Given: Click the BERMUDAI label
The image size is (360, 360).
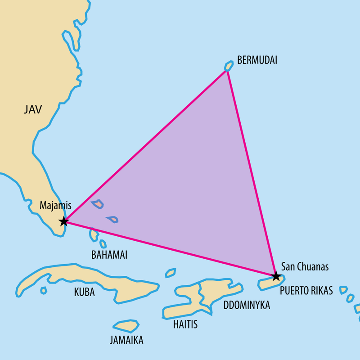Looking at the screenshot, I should (x=256, y=60).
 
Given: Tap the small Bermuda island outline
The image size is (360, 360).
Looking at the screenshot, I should (x=228, y=67).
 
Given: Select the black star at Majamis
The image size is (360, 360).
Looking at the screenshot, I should (x=64, y=221).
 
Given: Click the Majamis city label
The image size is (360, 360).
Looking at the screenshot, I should (x=55, y=205).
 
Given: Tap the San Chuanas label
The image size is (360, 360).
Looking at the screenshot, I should (x=305, y=267).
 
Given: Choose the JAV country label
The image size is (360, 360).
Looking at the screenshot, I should (x=33, y=109).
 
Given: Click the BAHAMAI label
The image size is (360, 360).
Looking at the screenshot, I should (x=109, y=255).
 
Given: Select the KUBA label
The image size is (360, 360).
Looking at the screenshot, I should (x=85, y=292).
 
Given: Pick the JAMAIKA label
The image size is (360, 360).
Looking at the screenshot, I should (x=126, y=340).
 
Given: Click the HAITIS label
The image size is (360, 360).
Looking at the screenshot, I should (x=185, y=324).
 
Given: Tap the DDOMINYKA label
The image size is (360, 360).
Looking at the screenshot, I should (x=247, y=305).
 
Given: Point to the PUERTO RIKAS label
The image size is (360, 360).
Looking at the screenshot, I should (x=306, y=291).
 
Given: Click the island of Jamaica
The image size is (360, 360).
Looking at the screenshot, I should (x=126, y=326).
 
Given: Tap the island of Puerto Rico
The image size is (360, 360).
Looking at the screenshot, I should (x=269, y=283).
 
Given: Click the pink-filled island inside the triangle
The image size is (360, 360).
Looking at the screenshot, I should (x=98, y=205).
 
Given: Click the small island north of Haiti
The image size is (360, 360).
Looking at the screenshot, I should (x=170, y=273).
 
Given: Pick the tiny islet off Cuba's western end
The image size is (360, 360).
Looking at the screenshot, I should (x=43, y=290).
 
